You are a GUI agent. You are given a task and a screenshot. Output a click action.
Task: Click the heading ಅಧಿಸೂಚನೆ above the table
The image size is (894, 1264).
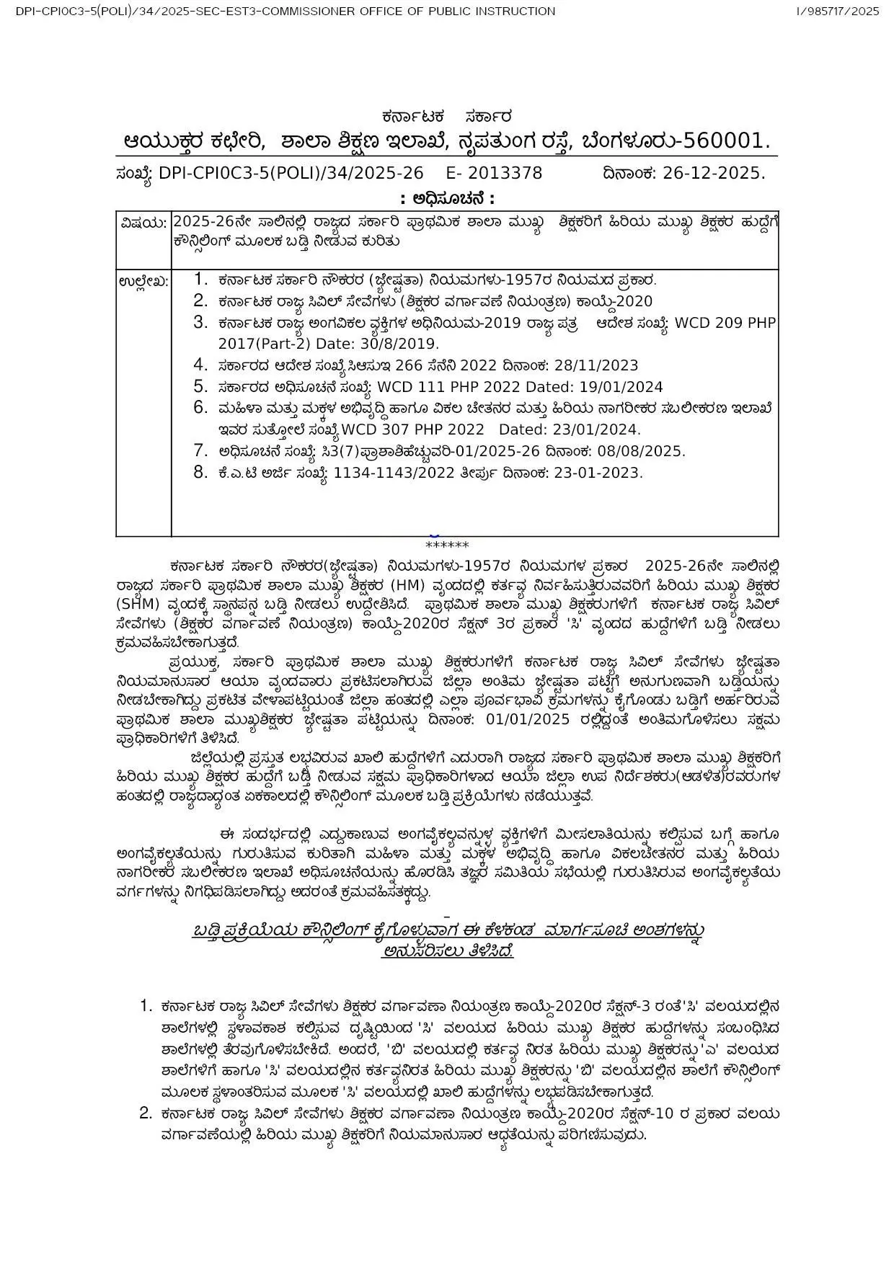click(x=447, y=199)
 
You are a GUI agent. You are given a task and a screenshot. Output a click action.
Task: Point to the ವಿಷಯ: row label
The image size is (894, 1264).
click(x=143, y=223)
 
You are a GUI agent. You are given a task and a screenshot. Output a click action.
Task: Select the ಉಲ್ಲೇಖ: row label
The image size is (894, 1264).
click(x=143, y=281)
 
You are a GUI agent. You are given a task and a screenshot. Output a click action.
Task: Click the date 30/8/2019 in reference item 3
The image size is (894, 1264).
click(x=401, y=344)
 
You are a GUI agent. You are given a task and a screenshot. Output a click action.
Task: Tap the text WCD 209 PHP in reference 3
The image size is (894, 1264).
click(x=724, y=323)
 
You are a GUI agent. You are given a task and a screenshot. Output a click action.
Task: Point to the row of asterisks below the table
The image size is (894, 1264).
click(x=447, y=546)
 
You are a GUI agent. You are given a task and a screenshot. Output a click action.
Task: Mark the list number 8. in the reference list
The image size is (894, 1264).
click(x=200, y=473)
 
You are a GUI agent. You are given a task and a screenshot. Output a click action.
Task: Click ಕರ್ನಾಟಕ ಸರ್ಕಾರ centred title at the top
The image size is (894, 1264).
click(x=447, y=117)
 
